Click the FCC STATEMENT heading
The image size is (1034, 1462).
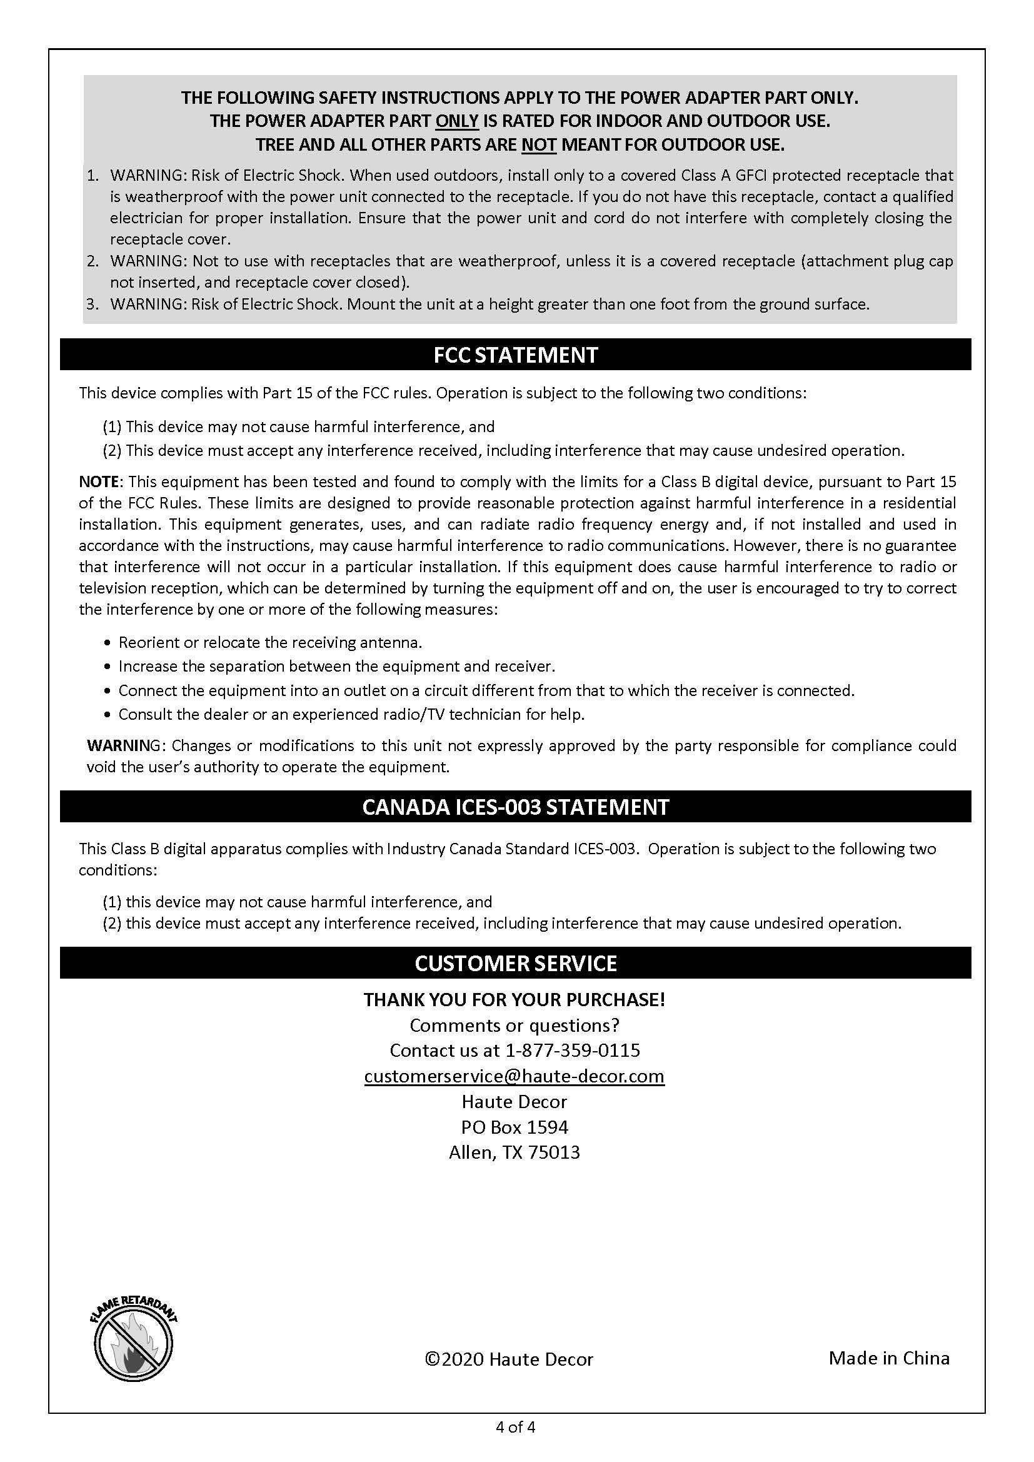pyautogui.click(x=515, y=355)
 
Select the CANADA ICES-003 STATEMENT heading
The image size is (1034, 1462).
pyautogui.click(x=515, y=807)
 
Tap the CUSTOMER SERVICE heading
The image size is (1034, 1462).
pyautogui.click(x=515, y=963)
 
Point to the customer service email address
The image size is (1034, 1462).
pyautogui.click(x=514, y=1076)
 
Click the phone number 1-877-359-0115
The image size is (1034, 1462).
pyautogui.click(x=573, y=1050)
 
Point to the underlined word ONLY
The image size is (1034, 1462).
pyautogui.click(x=456, y=121)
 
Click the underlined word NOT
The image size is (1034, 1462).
pyautogui.click(x=539, y=145)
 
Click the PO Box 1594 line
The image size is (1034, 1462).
pyautogui.click(x=514, y=1127)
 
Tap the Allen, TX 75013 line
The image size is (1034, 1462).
pyautogui.click(x=514, y=1152)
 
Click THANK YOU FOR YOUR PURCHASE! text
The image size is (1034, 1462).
pyautogui.click(x=514, y=999)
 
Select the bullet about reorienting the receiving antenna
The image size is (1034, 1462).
pyautogui.click(x=270, y=642)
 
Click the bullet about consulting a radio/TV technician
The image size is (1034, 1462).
pyautogui.click(x=351, y=715)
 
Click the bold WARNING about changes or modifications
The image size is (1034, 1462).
pyautogui.click(x=122, y=745)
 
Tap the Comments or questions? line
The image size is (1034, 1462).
pyautogui.click(x=514, y=1025)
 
